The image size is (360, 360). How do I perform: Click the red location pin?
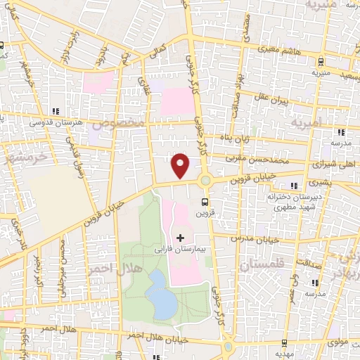181,165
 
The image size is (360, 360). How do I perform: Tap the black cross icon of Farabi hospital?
181,237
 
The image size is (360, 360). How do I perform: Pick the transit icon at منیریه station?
321,60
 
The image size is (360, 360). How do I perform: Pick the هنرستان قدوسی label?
51,121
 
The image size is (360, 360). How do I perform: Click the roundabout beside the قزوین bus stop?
205,180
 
